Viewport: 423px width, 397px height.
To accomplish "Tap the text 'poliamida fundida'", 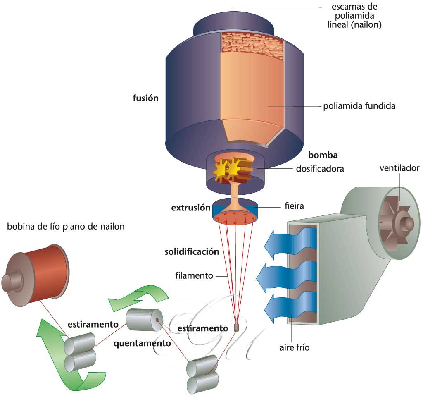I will point(359,106).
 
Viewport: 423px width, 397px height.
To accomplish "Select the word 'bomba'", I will point(323,155).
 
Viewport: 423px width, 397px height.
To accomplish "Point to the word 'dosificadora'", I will point(320,169).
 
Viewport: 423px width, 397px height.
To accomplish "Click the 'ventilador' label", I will point(399,168).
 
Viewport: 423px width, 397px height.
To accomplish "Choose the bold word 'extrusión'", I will point(191,208).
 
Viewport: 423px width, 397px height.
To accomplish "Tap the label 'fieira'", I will point(294,206).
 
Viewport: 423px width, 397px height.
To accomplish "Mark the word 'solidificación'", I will point(192,251).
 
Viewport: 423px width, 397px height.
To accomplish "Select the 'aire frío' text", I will point(295,347).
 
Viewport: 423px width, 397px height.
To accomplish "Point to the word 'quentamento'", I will point(142,343).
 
